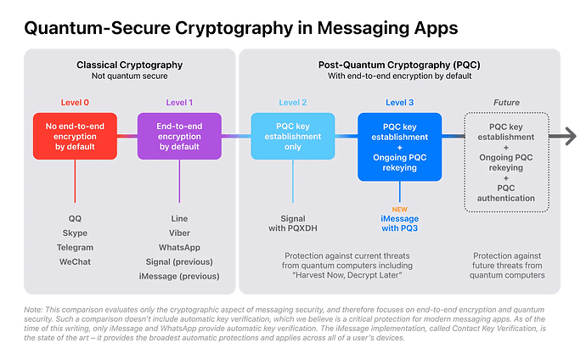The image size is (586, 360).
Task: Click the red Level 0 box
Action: [75, 135]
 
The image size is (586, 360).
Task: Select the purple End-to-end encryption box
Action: [179, 135]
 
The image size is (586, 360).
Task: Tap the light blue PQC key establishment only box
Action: [292, 135]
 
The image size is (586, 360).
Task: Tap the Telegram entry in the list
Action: [76, 248]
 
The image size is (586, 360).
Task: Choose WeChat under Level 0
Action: [76, 262]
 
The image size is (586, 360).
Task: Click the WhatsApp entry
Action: [179, 248]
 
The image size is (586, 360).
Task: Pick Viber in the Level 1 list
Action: [179, 233]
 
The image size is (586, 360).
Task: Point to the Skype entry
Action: [76, 233]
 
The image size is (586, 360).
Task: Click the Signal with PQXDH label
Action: [292, 223]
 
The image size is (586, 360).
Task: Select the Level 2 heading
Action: [292, 103]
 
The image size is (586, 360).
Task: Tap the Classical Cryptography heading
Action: [129, 65]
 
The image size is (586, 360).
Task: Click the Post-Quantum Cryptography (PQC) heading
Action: [398, 65]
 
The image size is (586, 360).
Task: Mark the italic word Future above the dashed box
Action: [506, 103]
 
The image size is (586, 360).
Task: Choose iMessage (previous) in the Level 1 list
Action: [179, 277]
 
